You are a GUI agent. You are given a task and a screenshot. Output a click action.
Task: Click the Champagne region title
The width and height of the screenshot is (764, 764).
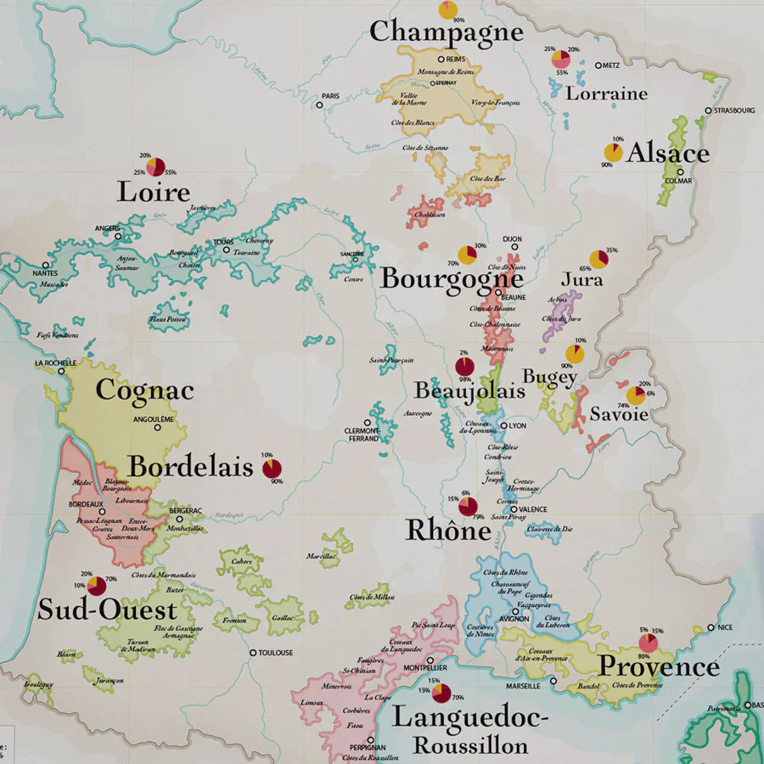click(x=445, y=32)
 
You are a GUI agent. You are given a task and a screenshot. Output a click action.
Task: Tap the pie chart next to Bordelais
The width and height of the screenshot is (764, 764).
click(x=272, y=469)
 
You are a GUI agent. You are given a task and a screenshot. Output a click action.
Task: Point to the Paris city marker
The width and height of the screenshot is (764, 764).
click(x=320, y=105)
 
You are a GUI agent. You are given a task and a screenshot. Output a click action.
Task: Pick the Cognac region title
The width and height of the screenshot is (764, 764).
click(x=144, y=390)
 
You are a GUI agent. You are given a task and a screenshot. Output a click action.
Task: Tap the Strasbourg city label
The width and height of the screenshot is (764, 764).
click(x=734, y=110)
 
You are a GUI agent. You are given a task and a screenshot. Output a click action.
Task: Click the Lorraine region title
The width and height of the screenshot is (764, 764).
click(x=606, y=93)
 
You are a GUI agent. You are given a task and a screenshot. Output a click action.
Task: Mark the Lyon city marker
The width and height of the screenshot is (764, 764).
click(x=504, y=426)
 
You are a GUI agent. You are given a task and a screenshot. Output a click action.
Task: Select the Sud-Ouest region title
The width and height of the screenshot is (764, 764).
click(x=107, y=610)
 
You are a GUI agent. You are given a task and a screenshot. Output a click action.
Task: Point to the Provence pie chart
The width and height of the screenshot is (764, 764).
click(x=649, y=643)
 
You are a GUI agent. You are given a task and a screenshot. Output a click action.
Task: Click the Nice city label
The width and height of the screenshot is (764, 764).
click(x=724, y=627)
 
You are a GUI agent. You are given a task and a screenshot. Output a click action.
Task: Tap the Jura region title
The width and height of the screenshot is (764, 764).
click(x=582, y=279)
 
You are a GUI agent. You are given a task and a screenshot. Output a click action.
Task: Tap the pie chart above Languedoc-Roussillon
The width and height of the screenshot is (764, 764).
click(x=441, y=694)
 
